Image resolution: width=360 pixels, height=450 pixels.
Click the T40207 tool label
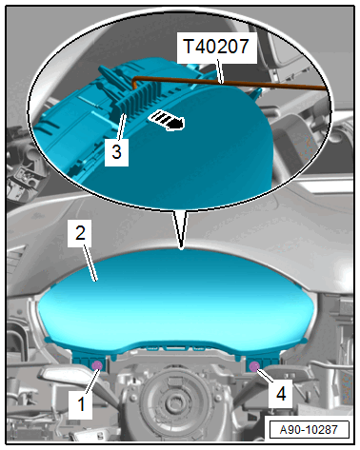[216, 47]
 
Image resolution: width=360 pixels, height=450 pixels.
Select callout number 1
[81, 404]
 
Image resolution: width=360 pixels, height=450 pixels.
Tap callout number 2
[80, 233]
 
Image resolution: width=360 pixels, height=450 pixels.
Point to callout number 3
[116, 151]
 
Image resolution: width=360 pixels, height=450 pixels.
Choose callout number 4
[281, 394]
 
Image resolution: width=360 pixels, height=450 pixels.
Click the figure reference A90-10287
[309, 430]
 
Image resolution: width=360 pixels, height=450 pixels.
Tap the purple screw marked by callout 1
[96, 365]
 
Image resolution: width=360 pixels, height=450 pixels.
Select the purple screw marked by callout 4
[254, 366]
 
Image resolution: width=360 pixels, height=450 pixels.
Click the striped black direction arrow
[167, 120]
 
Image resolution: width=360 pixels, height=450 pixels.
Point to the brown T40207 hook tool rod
[229, 83]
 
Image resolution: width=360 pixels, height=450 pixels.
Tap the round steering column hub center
[173, 403]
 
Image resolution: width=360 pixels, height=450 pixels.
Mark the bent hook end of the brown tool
[134, 82]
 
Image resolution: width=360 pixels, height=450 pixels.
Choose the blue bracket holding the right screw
[263, 363]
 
